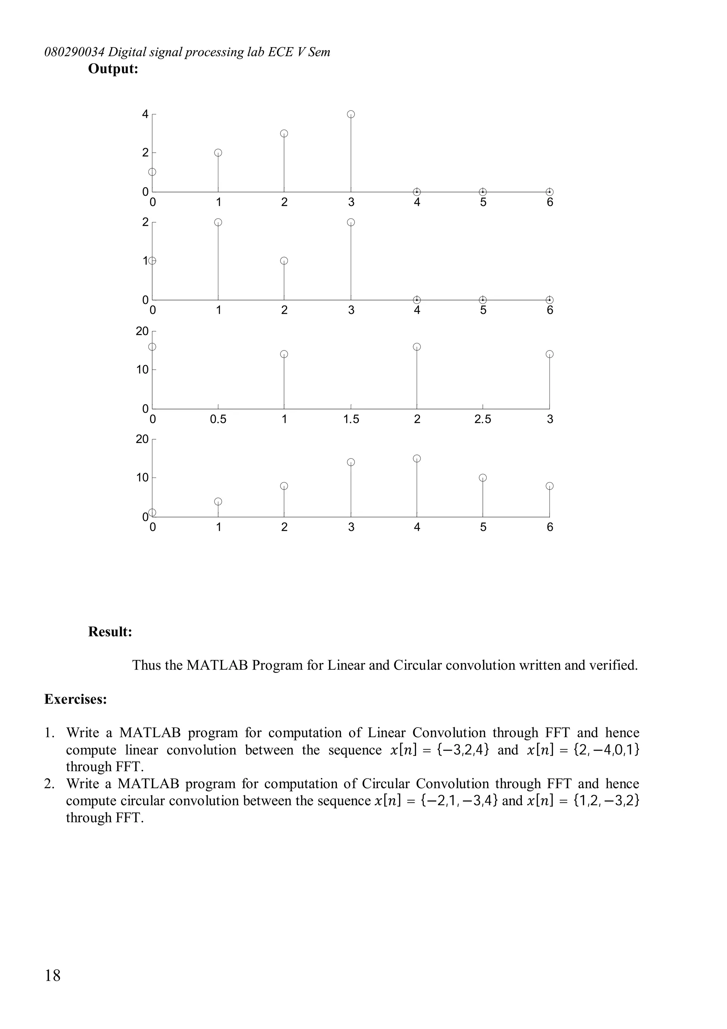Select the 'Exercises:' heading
coord(75,699)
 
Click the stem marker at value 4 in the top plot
coord(351,114)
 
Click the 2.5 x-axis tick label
coord(482,419)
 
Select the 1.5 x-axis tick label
coord(351,419)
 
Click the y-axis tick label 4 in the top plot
coord(145,114)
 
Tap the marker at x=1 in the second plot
coord(218,222)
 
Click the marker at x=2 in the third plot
coord(417,347)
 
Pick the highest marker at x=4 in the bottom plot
coord(417,458)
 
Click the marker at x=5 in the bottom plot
coord(482,478)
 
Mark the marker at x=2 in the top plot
coord(284,134)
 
